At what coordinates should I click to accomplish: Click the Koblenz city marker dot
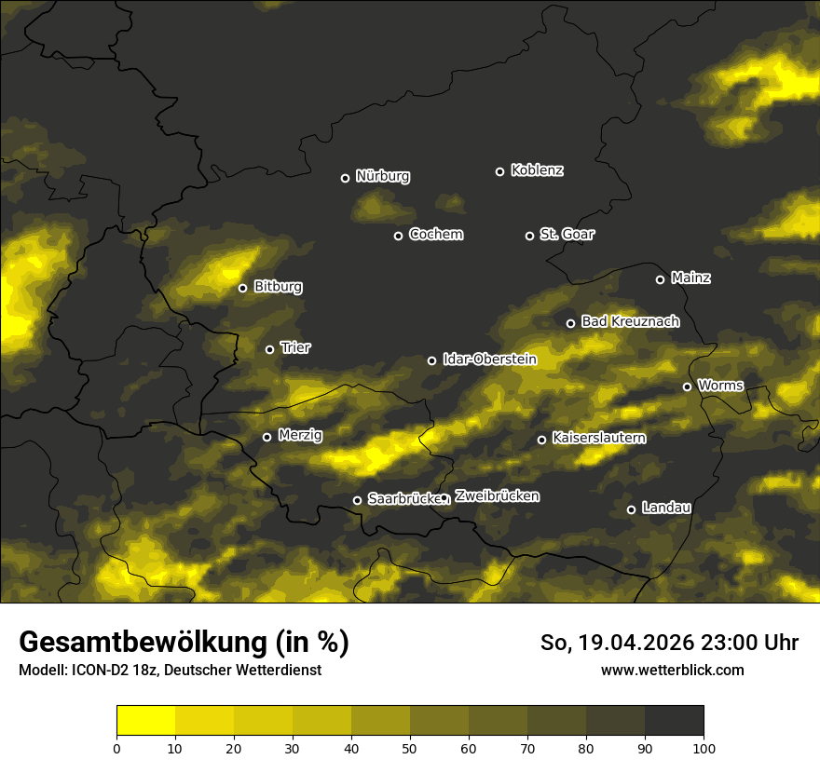tap(499, 171)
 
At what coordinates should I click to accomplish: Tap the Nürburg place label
tap(382, 176)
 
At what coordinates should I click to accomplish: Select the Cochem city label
tap(435, 234)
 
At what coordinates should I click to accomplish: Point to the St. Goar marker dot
tap(529, 236)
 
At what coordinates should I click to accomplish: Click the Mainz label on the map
tap(690, 278)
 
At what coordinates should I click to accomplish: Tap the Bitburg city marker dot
tap(242, 288)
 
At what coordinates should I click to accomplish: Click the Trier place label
tap(295, 347)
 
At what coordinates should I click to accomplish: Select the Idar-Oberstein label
tap(489, 359)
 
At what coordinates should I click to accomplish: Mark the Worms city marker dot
tap(687, 386)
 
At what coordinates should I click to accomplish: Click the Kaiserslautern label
tap(598, 438)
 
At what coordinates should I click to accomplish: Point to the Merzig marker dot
tap(266, 437)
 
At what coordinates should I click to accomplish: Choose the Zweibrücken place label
tap(497, 496)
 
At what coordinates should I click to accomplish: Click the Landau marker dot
tap(631, 509)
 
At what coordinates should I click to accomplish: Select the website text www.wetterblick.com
tap(672, 670)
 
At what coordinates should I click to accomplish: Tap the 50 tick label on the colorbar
tap(410, 747)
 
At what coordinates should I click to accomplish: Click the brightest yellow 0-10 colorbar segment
tap(145, 721)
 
